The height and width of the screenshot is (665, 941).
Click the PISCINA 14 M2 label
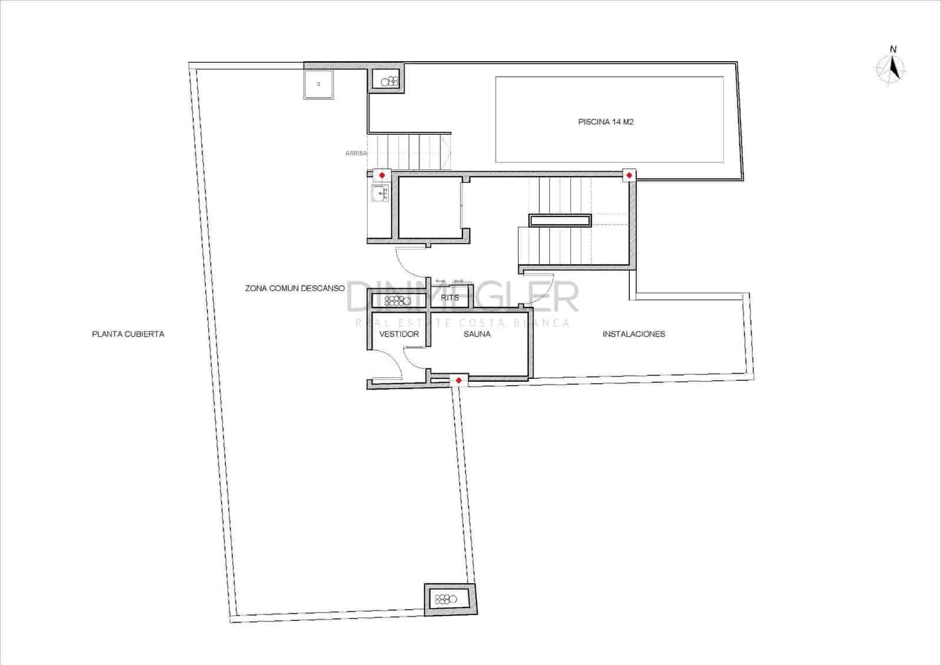tap(606, 122)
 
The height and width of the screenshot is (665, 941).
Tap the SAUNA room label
tap(477, 334)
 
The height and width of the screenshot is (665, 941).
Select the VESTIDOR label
tap(399, 334)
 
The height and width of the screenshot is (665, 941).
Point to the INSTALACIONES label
tap(633, 334)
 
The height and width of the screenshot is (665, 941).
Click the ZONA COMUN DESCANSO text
tap(295, 288)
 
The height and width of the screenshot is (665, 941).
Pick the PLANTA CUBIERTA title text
tap(128, 334)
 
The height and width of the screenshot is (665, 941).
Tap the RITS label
tap(450, 298)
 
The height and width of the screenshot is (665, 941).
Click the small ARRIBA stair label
tap(356, 154)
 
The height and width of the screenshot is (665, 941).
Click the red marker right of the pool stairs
tap(382, 175)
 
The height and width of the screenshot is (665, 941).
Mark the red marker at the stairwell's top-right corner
tap(629, 175)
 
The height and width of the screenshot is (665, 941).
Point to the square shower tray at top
tap(318, 84)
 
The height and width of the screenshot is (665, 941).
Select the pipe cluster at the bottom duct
tap(445, 600)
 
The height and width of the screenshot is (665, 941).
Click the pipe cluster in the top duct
tap(389, 82)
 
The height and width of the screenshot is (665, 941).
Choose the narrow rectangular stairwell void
tap(560, 221)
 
